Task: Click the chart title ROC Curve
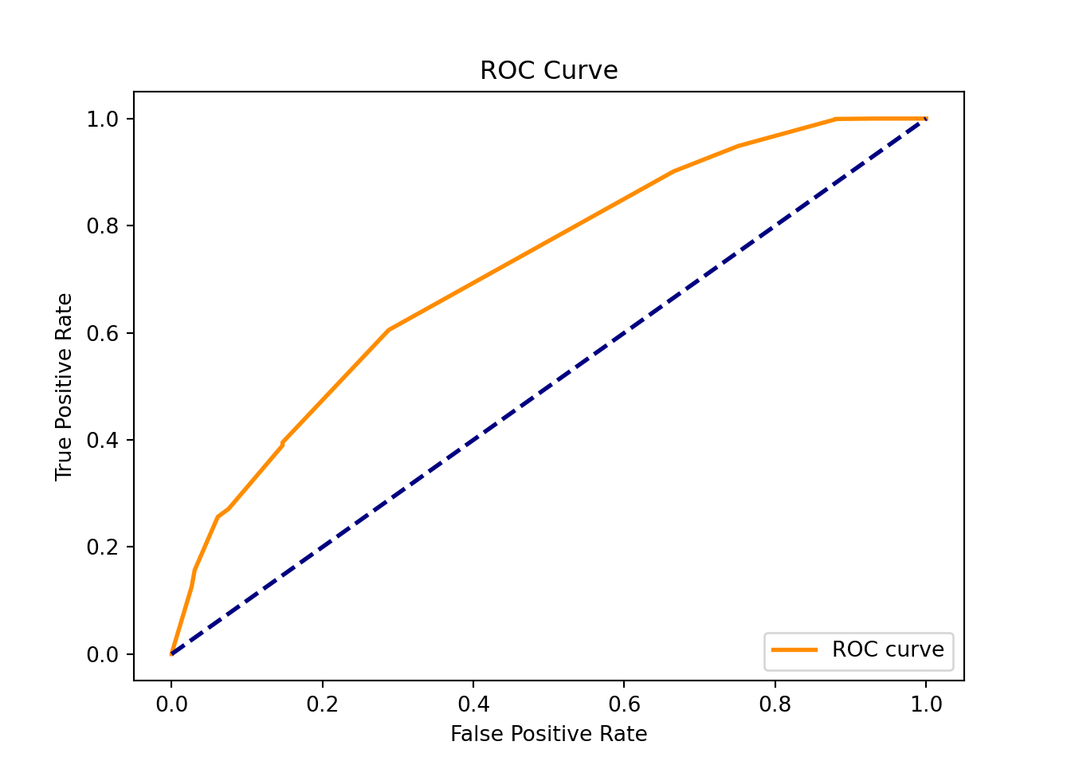click(548, 71)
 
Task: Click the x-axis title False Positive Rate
click(548, 734)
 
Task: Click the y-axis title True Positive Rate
click(64, 387)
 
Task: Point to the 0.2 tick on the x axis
click(322, 704)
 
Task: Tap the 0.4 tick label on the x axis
click(473, 704)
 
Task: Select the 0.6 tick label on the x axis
click(624, 704)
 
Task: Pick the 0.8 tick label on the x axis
click(775, 704)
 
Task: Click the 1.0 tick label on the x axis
click(926, 704)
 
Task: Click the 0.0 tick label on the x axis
click(171, 704)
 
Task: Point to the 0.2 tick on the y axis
click(103, 547)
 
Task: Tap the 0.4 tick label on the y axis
click(103, 440)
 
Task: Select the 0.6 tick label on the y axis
click(103, 333)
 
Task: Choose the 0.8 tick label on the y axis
click(103, 226)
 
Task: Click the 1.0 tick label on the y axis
click(103, 119)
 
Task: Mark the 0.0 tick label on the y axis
click(103, 654)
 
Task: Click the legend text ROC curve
click(888, 650)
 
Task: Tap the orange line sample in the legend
click(794, 650)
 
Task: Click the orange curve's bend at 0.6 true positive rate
click(388, 330)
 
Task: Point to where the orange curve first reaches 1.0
click(836, 119)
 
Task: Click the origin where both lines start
click(171, 653)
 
